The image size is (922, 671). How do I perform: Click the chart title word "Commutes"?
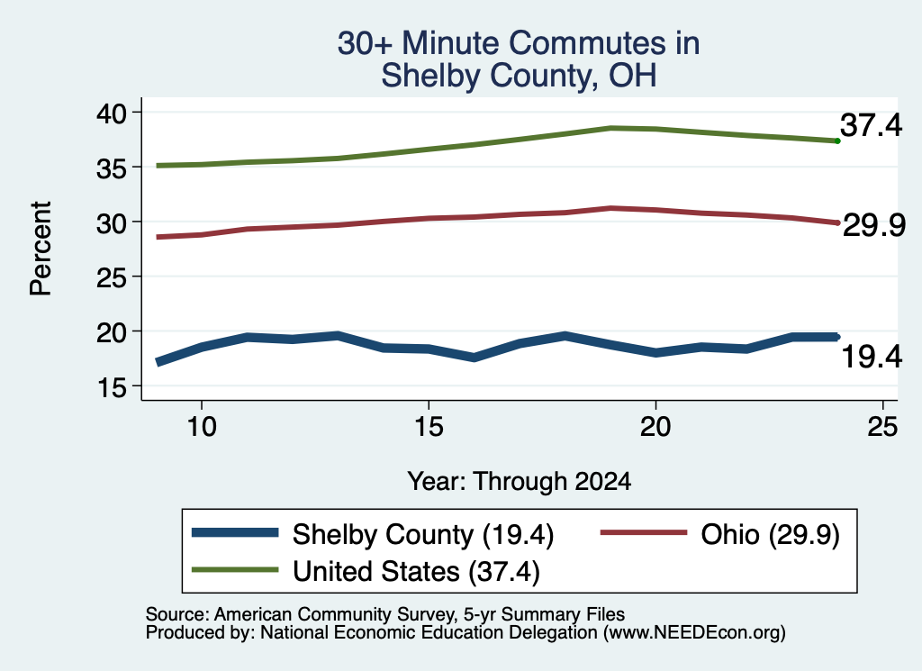tap(588, 43)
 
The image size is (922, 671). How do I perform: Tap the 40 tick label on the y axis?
tap(112, 113)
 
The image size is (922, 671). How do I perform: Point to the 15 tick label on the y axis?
tap(112, 387)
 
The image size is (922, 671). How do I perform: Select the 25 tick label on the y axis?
tap(112, 277)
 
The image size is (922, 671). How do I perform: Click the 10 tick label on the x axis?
tap(202, 426)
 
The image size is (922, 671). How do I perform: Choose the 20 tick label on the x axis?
tap(655, 426)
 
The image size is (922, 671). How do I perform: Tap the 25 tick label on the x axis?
tap(882, 426)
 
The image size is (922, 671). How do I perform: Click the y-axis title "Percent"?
tap(41, 249)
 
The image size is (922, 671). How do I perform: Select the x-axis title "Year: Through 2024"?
tap(520, 481)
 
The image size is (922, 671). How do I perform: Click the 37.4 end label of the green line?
tap(871, 124)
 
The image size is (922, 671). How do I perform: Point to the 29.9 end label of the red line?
tap(874, 225)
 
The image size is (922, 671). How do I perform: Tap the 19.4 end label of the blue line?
tap(872, 357)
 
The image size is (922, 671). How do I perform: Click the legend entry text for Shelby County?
tap(423, 535)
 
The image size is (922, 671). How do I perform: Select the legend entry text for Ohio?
tap(771, 535)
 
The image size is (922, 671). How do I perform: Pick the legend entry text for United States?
tap(416, 571)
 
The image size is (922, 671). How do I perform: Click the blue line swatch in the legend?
tap(235, 533)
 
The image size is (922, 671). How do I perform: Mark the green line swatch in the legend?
tap(235, 570)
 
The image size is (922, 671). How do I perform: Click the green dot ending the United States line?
tap(837, 141)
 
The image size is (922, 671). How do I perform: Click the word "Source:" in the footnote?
tap(177, 614)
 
